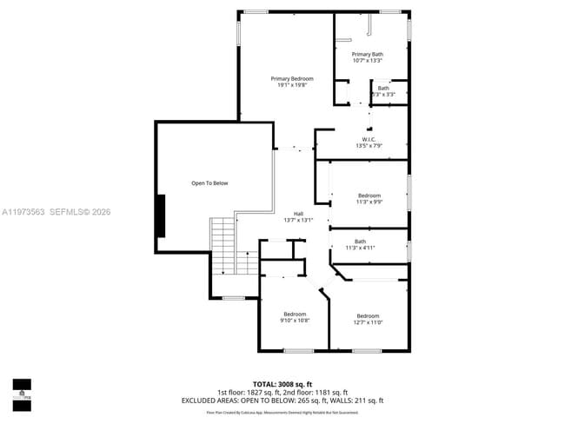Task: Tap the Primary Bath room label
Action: click(368, 54)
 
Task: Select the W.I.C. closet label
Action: click(368, 139)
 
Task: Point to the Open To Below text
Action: click(209, 183)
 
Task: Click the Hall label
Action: click(298, 214)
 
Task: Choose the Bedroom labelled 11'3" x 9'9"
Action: click(369, 195)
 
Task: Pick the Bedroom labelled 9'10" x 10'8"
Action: click(296, 314)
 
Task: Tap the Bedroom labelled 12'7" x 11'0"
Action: click(368, 315)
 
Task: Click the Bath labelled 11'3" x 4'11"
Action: click(360, 242)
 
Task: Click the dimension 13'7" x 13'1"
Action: click(298, 221)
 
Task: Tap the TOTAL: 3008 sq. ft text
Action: click(282, 382)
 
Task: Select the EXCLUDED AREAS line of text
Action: click(282, 401)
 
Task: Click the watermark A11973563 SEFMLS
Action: click(56, 212)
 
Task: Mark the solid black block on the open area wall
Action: click(160, 215)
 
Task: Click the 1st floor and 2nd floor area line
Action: click(282, 392)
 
